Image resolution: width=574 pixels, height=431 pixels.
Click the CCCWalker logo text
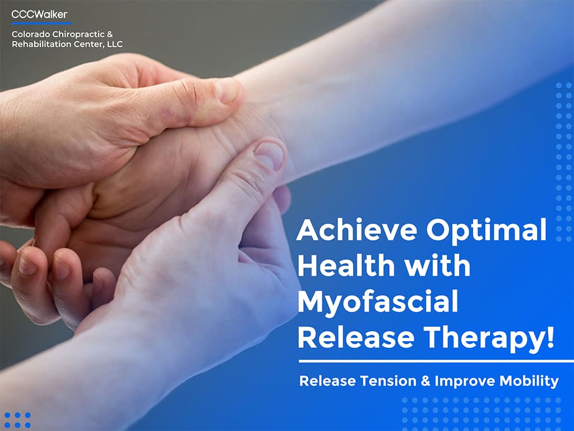[x=39, y=14]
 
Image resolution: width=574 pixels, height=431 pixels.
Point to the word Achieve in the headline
[x=357, y=230]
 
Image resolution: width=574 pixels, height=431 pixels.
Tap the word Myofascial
[x=378, y=301]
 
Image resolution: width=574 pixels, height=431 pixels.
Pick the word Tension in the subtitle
[x=388, y=381]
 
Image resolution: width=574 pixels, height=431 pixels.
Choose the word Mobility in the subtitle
[x=529, y=382]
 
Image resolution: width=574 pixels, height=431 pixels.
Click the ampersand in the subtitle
[x=425, y=381]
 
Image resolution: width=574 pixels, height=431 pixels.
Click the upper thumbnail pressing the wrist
[x=226, y=90]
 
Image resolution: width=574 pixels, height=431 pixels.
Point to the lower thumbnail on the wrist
[x=269, y=155]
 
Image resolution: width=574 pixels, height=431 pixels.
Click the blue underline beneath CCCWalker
[x=41, y=24]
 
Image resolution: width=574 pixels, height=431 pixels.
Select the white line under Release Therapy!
[x=436, y=361]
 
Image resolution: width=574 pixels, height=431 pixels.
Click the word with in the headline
[x=438, y=265]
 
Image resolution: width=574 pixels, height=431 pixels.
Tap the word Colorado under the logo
[x=31, y=34]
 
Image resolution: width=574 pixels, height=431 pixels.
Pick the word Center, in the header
[x=86, y=44]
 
